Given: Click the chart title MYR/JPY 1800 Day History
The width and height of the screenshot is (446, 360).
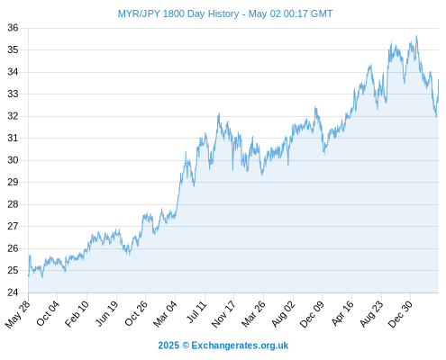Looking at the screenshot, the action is tap(178, 13).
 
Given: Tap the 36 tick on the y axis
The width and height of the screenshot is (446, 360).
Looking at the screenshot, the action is tap(13, 28).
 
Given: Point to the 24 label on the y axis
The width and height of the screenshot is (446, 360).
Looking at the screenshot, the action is tap(13, 292).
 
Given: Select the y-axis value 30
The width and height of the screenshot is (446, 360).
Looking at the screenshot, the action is tap(13, 160).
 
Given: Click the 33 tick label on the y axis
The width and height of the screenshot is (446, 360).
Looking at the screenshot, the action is tap(13, 94).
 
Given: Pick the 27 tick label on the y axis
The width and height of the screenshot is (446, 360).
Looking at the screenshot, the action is tap(13, 226).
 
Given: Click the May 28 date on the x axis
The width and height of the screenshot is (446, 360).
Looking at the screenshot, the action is tap(18, 314).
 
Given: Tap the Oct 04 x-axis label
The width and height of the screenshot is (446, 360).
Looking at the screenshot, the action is tap(48, 313).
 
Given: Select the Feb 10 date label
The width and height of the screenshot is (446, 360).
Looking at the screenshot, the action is tap(77, 314).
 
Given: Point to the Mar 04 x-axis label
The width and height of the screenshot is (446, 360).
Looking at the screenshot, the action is tap(165, 314).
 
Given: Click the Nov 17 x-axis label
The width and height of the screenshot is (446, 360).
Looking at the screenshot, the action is tap(223, 314).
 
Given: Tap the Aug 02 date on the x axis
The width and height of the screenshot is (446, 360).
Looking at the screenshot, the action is tap(283, 314).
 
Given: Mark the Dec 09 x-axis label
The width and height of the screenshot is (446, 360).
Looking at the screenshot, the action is tap(312, 314).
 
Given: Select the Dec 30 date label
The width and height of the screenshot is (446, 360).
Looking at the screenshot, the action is tap(400, 314).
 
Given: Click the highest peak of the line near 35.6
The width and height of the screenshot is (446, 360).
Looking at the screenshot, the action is tap(416, 36).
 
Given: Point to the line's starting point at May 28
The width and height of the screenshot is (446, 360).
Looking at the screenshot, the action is tap(29, 275).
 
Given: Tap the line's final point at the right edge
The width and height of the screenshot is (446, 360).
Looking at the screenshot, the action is tap(439, 80).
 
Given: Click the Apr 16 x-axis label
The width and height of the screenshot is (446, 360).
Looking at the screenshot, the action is tap(342, 313).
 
